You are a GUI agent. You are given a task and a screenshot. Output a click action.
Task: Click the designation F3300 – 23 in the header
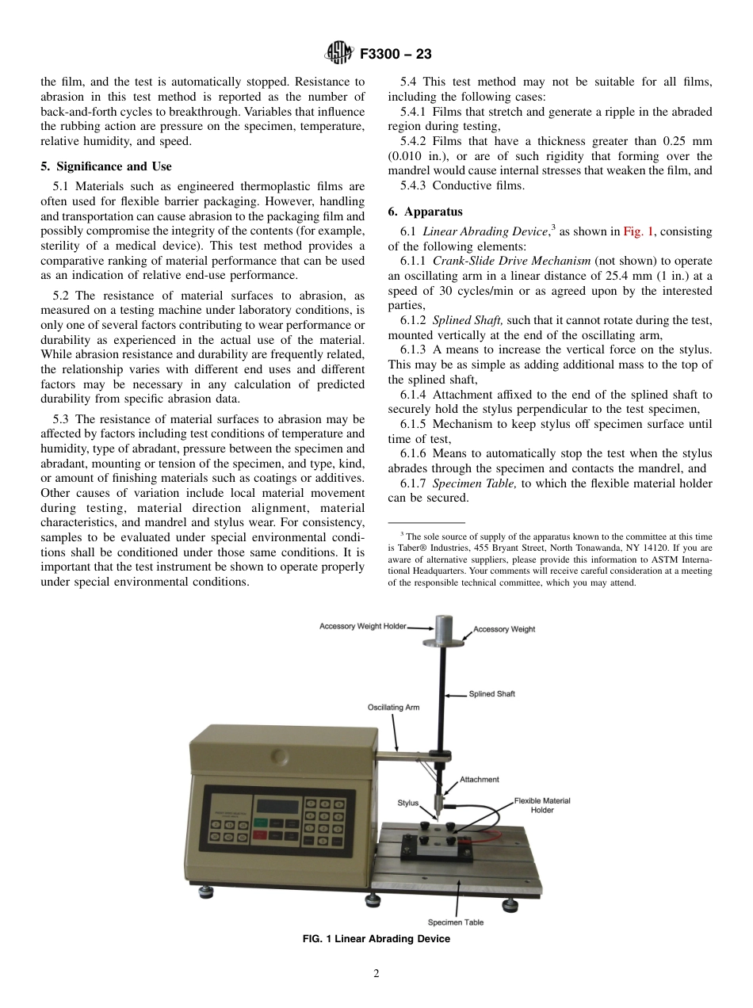click(396, 55)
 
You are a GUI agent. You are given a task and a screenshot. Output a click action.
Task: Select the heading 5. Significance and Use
click(105, 166)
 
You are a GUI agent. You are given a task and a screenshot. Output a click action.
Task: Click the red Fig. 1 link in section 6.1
click(634, 231)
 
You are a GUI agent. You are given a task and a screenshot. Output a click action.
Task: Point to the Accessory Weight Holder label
click(362, 626)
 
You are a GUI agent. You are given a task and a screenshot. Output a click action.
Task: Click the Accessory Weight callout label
click(504, 629)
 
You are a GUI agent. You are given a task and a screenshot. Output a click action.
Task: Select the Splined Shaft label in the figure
click(491, 693)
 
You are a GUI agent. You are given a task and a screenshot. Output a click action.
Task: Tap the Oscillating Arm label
click(393, 707)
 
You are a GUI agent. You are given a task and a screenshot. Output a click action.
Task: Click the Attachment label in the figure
click(480, 780)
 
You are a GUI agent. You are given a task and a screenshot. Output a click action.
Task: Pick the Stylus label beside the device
click(407, 803)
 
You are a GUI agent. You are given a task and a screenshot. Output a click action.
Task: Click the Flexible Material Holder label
click(542, 805)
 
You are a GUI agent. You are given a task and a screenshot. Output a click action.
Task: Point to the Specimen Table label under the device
click(456, 922)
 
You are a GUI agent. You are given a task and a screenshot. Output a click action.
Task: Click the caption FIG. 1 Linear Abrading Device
click(376, 939)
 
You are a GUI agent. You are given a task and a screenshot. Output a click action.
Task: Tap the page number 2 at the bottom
click(376, 974)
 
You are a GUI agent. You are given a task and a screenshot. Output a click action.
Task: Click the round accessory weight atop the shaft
click(437, 633)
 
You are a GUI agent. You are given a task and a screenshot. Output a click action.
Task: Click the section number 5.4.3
click(415, 186)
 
